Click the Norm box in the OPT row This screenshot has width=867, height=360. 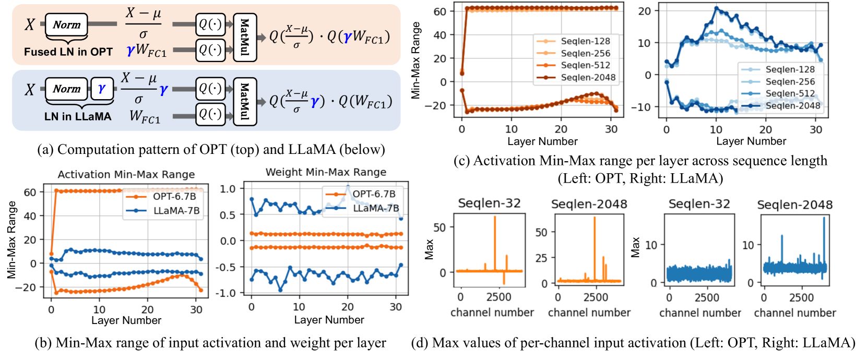point(66,25)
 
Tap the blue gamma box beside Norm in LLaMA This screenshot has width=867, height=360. point(102,89)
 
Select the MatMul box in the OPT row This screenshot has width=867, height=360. point(244,38)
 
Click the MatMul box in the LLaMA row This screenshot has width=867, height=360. point(244,102)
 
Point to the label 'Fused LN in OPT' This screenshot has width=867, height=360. point(68,52)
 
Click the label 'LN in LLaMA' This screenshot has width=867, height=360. point(78,116)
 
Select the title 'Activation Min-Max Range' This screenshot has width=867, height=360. point(126,174)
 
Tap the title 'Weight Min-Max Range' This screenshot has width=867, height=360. point(326,172)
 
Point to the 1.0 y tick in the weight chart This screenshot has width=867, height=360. point(229,188)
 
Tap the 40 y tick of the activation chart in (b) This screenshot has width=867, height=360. point(30,216)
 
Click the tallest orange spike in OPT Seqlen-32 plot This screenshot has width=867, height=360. point(494,217)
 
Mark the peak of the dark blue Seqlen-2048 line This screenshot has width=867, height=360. point(717,8)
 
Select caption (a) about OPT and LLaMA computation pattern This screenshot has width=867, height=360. point(211,150)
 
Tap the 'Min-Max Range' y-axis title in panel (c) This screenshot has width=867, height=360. point(416,61)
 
